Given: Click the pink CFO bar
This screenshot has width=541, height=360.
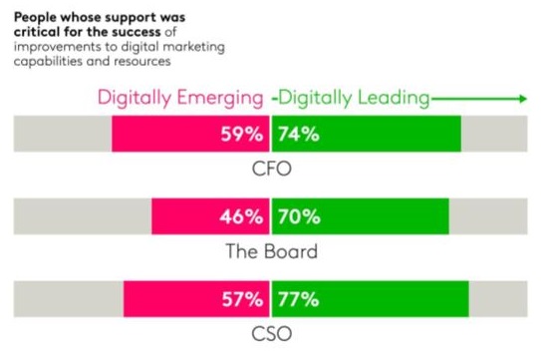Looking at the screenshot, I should tap(164, 134).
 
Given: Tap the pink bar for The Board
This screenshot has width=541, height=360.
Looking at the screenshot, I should tap(184, 215).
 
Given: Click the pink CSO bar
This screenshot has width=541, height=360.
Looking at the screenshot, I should tap(169, 298).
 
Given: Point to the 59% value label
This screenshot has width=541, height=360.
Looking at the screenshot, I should tap(242, 134).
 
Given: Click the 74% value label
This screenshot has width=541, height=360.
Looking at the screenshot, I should tap(297, 134).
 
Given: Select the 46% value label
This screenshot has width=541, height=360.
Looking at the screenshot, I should tap(242, 215).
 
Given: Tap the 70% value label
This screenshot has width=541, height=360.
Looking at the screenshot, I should tap(297, 215).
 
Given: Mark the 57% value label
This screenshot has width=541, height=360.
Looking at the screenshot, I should tap(242, 298).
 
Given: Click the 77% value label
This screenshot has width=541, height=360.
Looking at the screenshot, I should tap(297, 298).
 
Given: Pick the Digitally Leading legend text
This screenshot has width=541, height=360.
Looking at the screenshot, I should tap(355, 99).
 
